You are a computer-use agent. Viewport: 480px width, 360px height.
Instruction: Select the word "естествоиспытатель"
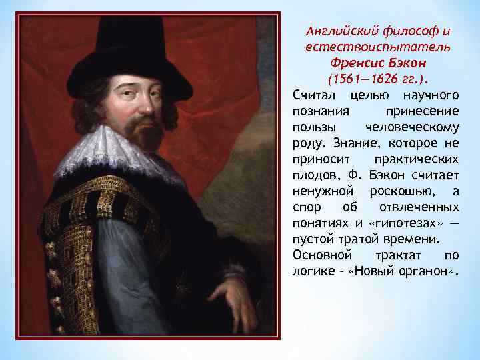377,47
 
